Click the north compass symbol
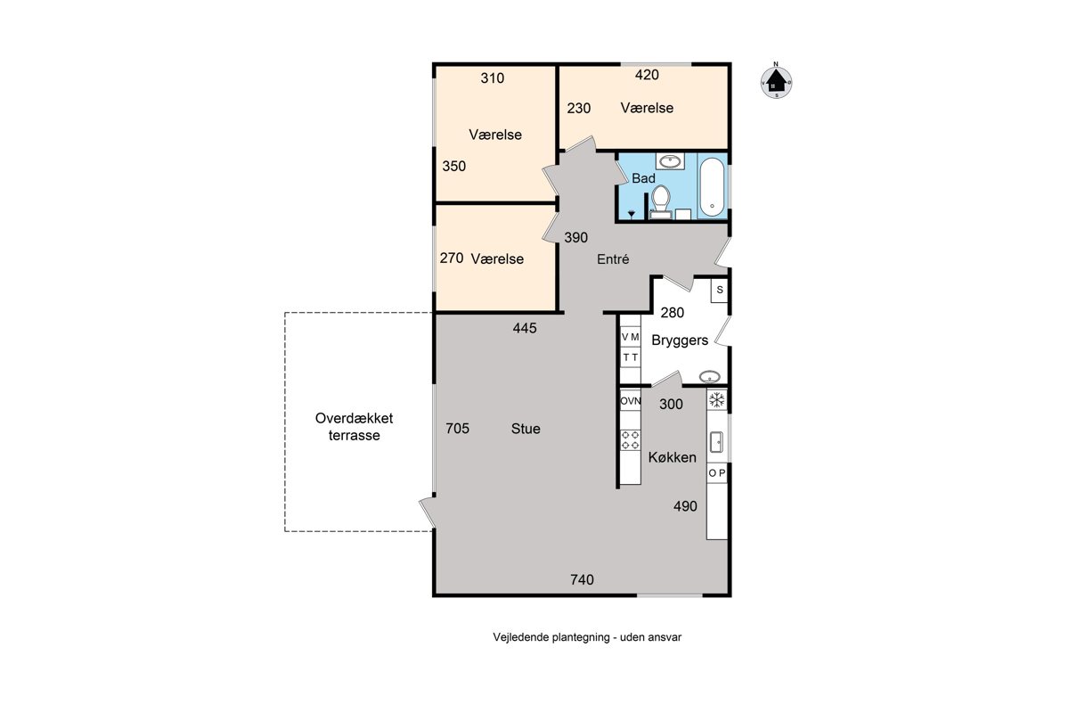[x=776, y=81]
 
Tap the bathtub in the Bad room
[x=712, y=187]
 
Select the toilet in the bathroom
[x=661, y=201]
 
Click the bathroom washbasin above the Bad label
[x=670, y=161]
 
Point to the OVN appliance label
[x=630, y=401]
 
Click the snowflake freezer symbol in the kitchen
[x=717, y=399]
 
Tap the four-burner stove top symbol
[x=630, y=440]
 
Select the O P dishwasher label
[x=717, y=472]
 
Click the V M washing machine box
[x=630, y=337]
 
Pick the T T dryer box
[x=630, y=357]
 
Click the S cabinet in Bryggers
[x=720, y=290]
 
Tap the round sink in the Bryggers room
[x=710, y=377]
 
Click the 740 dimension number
[x=583, y=580]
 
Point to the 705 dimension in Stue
[x=457, y=429]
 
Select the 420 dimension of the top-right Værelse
[x=647, y=75]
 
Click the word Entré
[x=613, y=258]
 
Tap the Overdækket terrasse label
[x=355, y=426]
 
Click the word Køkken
[x=672, y=457]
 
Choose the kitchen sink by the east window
[x=717, y=442]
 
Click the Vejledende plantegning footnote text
[x=587, y=637]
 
